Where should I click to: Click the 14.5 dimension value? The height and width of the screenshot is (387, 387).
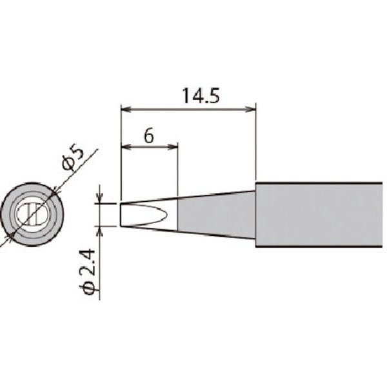tap(201, 96)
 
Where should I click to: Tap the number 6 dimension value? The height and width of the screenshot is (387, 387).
tap(148, 136)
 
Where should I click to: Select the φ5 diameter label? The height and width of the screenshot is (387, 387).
tap(73, 157)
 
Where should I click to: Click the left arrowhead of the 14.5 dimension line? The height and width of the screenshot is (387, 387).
tap(125, 108)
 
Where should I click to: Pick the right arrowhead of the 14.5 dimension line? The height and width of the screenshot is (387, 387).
tap(252, 108)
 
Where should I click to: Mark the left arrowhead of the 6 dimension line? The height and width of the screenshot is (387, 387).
tap(125, 147)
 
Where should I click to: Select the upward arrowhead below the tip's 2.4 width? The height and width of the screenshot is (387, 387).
tap(100, 230)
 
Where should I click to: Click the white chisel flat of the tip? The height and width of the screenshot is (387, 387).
tap(145, 214)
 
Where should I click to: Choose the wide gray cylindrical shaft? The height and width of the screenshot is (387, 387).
tap(319, 214)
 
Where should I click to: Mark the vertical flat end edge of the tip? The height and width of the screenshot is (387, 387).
tap(121, 214)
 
